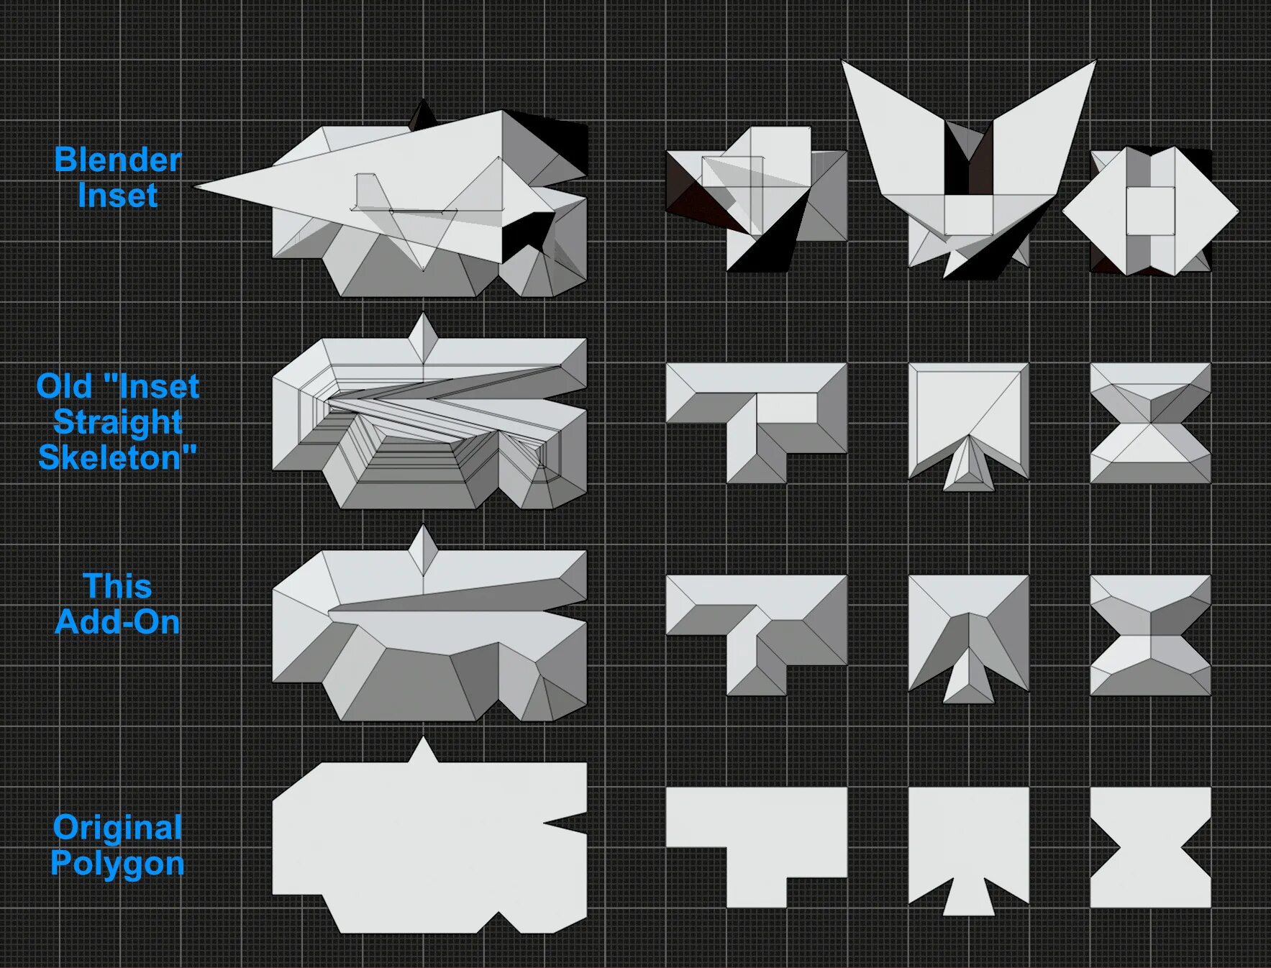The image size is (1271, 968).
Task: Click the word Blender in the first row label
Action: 117,160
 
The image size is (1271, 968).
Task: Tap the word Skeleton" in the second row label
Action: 117,457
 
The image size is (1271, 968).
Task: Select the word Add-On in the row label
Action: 117,622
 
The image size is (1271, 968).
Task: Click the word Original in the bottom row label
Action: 117,828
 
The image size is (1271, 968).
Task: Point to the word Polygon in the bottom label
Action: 117,863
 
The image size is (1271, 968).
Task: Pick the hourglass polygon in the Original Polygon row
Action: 1150,847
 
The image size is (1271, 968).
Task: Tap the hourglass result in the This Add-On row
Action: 1150,635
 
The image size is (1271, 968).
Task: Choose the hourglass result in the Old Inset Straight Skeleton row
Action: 1150,423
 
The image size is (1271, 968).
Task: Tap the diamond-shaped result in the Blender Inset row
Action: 1150,211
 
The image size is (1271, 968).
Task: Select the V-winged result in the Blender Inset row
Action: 968,165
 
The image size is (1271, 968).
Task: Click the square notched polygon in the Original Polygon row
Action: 968,841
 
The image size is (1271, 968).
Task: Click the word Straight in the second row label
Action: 117,422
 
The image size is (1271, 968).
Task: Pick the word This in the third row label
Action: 117,587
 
